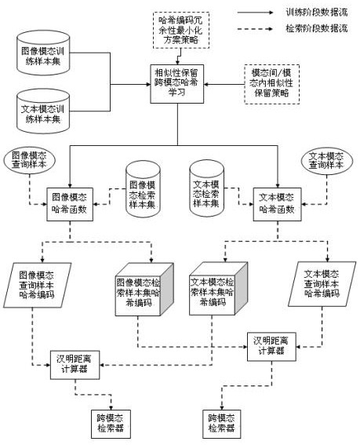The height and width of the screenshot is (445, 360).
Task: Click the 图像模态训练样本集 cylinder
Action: (43, 53)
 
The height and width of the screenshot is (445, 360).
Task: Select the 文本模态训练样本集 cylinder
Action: (43, 111)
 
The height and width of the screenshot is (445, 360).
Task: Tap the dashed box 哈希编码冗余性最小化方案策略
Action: (181, 30)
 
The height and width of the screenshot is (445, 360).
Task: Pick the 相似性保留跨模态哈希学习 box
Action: (177, 84)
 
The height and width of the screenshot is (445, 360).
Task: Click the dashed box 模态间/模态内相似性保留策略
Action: (272, 84)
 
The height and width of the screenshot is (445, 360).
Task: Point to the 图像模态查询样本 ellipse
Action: (30, 160)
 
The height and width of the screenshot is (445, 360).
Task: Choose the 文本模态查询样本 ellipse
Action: (327, 161)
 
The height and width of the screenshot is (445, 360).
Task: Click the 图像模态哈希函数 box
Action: (70, 204)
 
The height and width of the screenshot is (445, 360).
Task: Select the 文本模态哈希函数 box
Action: (277, 204)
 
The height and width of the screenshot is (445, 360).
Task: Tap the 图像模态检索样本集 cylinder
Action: (143, 189)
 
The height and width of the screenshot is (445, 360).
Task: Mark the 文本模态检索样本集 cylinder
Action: (206, 188)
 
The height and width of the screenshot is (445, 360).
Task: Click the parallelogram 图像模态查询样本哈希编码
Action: (37, 285)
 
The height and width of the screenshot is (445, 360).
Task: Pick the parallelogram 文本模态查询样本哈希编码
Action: (322, 284)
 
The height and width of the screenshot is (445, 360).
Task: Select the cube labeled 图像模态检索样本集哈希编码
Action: (144, 290)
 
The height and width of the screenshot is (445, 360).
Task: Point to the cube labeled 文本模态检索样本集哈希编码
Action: (219, 289)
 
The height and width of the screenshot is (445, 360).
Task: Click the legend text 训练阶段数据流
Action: (316, 13)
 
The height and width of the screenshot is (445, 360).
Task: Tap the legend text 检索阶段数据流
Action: (316, 28)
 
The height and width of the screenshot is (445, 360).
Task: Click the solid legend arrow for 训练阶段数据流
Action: (255, 13)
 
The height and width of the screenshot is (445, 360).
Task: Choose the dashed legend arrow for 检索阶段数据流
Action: (255, 29)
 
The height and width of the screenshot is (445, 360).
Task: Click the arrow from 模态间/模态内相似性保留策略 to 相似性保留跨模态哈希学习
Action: (224, 84)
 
